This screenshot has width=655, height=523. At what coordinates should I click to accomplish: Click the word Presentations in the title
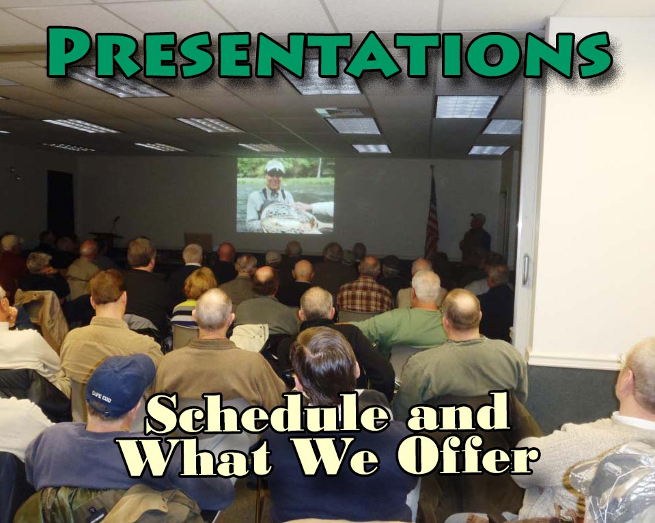click(x=329, y=53)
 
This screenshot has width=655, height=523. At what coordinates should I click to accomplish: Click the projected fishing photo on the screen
click(x=285, y=195)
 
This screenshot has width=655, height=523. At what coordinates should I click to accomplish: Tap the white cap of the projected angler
click(x=275, y=167)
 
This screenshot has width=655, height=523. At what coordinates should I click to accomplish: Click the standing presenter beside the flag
click(x=475, y=236)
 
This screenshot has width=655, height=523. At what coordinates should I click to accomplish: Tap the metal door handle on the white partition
click(x=525, y=269)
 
